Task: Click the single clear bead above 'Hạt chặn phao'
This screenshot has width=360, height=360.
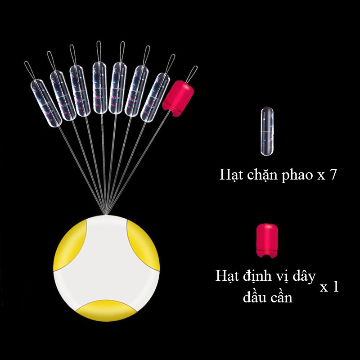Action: coord(266,131)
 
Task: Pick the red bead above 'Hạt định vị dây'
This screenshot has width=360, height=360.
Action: coord(267,240)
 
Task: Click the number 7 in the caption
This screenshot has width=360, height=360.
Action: coord(332,175)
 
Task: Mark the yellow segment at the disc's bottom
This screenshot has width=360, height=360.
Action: coord(107,310)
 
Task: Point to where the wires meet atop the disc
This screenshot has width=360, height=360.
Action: coord(106,211)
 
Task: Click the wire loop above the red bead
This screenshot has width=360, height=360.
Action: coord(192,73)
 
